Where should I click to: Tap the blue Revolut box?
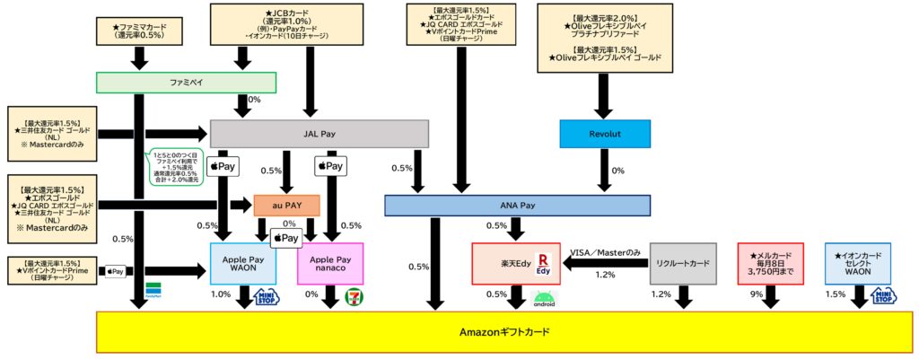604,134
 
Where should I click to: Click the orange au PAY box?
286,206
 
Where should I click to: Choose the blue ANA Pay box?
516,206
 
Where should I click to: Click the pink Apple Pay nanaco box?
329,263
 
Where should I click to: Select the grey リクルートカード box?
682,263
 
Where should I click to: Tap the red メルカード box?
772,263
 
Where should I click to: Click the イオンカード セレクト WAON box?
857,263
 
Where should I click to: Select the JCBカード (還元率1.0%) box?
242,24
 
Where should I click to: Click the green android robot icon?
544,299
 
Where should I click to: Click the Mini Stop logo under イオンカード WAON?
883,295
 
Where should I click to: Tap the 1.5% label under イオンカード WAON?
835,294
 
